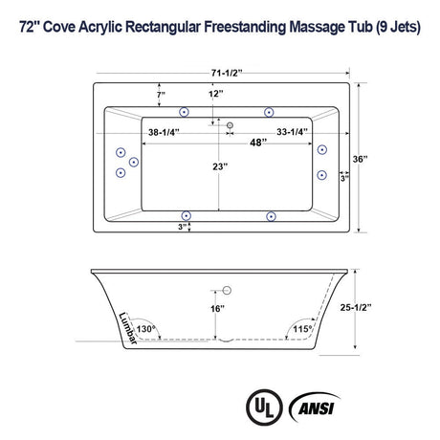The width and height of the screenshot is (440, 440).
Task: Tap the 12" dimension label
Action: [x=214, y=94]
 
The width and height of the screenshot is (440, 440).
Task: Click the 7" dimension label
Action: [x=164, y=94]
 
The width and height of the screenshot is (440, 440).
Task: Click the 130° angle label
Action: [x=145, y=327]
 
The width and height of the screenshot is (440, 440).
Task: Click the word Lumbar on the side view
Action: [x=124, y=329]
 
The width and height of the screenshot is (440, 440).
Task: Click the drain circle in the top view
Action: [x=229, y=123]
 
